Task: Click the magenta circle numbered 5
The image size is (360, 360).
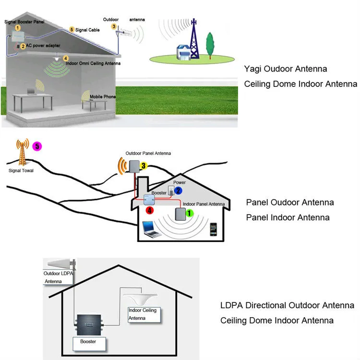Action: (x=37, y=146)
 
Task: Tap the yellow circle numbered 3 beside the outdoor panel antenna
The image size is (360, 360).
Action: (x=144, y=166)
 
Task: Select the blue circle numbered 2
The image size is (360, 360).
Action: (x=178, y=191)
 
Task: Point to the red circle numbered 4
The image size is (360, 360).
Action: (x=150, y=210)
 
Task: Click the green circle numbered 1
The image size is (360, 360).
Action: (x=189, y=213)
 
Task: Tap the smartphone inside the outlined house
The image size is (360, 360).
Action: (x=213, y=229)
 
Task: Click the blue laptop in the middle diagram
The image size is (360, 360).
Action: (x=151, y=229)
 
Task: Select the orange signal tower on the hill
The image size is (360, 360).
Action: (x=22, y=152)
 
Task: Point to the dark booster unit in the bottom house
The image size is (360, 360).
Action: (x=89, y=325)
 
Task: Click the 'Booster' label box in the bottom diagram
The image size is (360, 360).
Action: (x=89, y=344)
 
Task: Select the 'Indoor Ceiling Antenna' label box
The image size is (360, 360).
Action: (x=144, y=314)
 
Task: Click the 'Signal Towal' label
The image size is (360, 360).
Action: (x=21, y=170)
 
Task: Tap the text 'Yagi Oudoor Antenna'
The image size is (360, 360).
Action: (x=286, y=69)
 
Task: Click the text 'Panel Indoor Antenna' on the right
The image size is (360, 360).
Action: (x=288, y=217)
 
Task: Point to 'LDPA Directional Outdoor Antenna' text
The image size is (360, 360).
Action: (x=287, y=305)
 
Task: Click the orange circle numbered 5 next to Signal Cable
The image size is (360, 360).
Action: (x=72, y=30)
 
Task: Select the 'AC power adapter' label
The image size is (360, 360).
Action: (x=43, y=46)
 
